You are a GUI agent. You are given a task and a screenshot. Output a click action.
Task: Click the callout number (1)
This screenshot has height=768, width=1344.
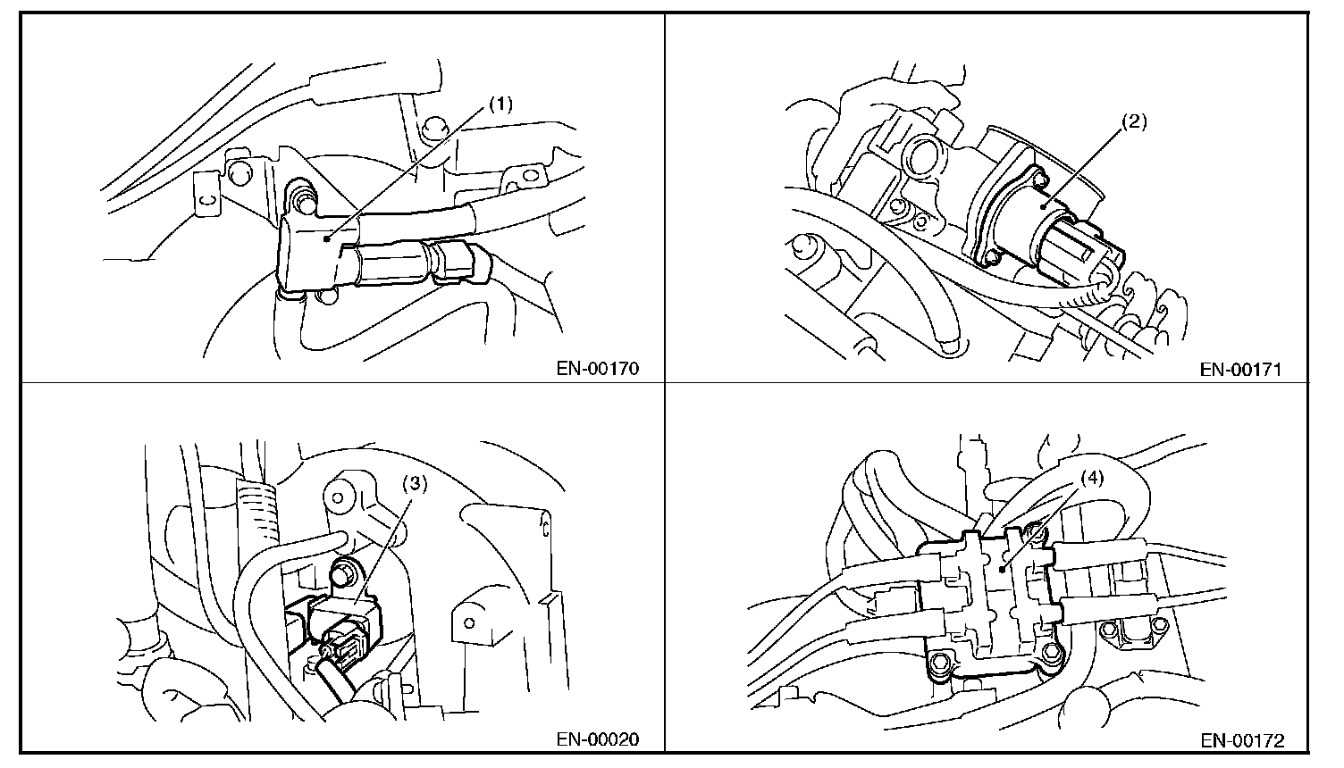pos(500,104)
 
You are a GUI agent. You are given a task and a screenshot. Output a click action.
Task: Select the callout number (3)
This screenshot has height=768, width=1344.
pos(415,485)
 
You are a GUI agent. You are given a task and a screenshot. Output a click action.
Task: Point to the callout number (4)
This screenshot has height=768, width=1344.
pos(1092,477)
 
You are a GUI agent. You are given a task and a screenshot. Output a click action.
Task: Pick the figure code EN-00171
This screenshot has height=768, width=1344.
pos(1240,369)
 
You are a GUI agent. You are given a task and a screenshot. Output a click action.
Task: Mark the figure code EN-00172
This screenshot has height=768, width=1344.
pos(1242,739)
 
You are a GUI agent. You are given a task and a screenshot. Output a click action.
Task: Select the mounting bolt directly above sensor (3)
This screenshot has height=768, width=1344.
pos(344,568)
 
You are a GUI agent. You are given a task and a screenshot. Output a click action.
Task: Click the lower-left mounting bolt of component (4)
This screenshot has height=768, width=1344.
pos(939,663)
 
